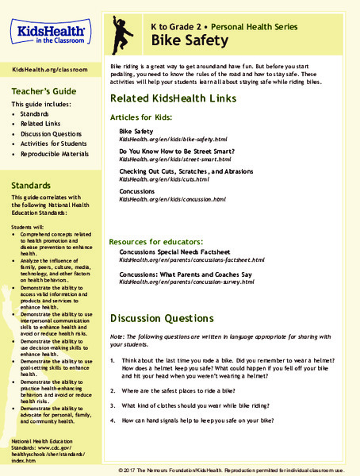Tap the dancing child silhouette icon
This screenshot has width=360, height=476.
[124, 33]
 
